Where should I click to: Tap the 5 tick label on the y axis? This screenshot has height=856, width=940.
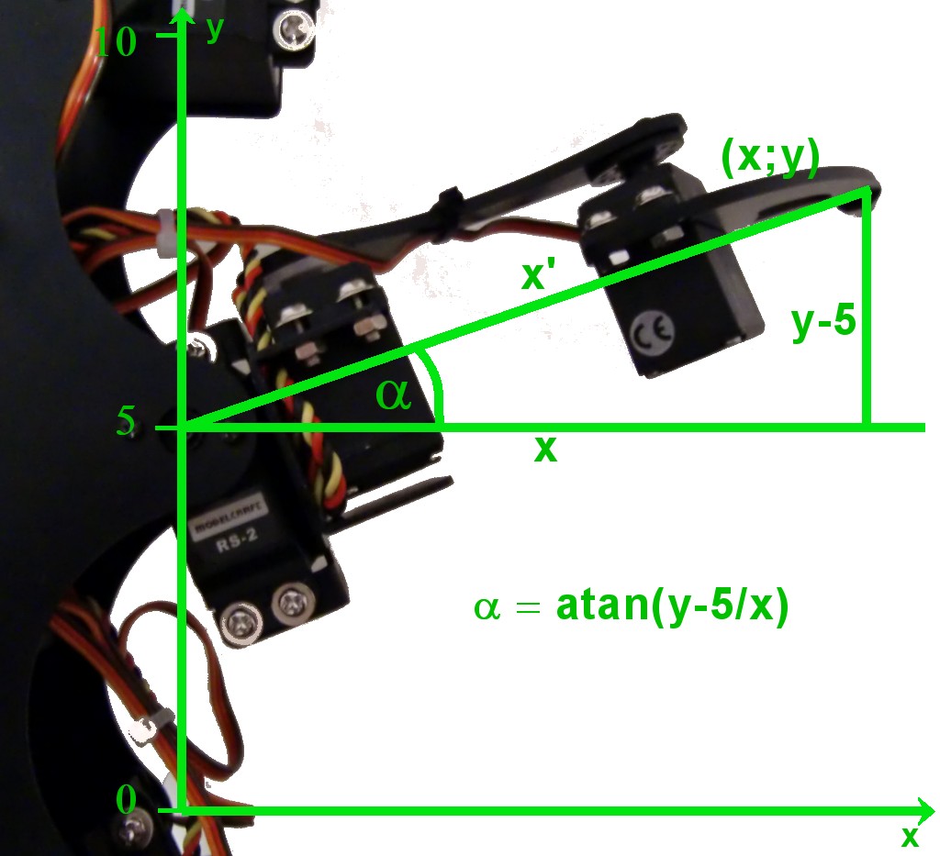(x=126, y=420)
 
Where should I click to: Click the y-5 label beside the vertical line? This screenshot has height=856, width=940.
(x=823, y=325)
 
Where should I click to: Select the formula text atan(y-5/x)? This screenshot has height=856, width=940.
(x=672, y=607)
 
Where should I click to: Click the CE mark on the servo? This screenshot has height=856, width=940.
(x=653, y=330)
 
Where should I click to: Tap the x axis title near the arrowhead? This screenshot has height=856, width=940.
(x=910, y=837)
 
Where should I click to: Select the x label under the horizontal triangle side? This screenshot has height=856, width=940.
(x=545, y=449)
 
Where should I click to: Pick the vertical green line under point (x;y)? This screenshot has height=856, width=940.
(x=865, y=312)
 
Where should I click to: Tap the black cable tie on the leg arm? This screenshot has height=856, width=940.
(x=449, y=203)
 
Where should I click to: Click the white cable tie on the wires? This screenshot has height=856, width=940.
(x=166, y=231)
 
